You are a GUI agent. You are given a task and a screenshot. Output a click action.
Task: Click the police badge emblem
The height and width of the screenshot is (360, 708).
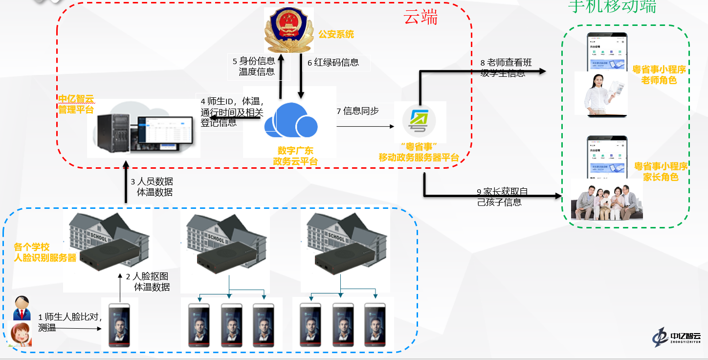click(288, 30)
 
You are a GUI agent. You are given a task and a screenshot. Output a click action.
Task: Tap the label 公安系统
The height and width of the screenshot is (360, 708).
click(336, 34)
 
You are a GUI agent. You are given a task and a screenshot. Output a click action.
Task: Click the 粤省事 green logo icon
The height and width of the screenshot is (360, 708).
click(420, 122)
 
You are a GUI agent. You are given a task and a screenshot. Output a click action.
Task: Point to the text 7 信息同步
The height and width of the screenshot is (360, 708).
click(357, 111)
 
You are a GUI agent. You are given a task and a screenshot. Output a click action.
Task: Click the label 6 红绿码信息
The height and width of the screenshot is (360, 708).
click(333, 62)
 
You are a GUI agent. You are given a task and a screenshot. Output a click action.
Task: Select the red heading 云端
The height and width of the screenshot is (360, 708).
click(420, 18)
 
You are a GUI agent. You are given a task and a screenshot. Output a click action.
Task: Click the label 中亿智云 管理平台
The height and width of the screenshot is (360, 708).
click(76, 104)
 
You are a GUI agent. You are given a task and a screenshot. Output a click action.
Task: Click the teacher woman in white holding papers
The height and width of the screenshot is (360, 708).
click(600, 93)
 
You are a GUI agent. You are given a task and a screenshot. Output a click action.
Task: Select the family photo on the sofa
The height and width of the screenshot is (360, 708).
click(607, 200)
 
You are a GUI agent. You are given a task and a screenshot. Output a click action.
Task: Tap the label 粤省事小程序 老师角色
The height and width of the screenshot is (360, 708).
click(659, 75)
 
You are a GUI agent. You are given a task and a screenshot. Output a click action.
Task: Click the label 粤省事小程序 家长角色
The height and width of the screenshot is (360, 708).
click(661, 172)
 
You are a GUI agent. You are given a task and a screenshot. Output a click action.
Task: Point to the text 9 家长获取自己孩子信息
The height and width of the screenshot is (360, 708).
click(502, 197)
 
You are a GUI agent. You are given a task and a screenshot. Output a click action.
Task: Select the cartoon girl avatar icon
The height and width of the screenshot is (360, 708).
click(21, 334)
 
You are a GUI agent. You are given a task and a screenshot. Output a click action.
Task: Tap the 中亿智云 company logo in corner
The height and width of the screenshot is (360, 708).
click(677, 337)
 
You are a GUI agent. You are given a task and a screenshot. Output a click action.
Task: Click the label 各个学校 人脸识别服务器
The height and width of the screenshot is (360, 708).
click(45, 252)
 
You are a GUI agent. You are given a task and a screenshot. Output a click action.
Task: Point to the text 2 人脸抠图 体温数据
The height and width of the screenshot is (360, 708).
click(148, 282)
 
